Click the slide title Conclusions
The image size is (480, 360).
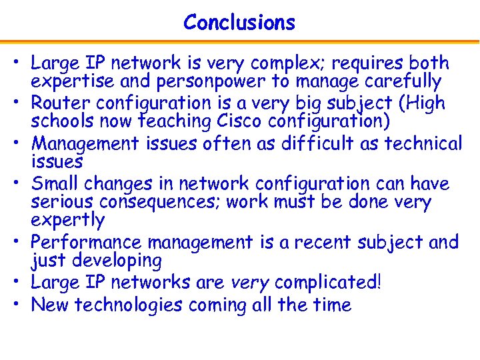pyautogui.click(x=239, y=23)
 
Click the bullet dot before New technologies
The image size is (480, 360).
pyautogui.click(x=21, y=305)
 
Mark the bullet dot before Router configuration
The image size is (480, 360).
pyautogui.click(x=21, y=103)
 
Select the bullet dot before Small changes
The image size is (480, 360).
pyautogui.click(x=21, y=183)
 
